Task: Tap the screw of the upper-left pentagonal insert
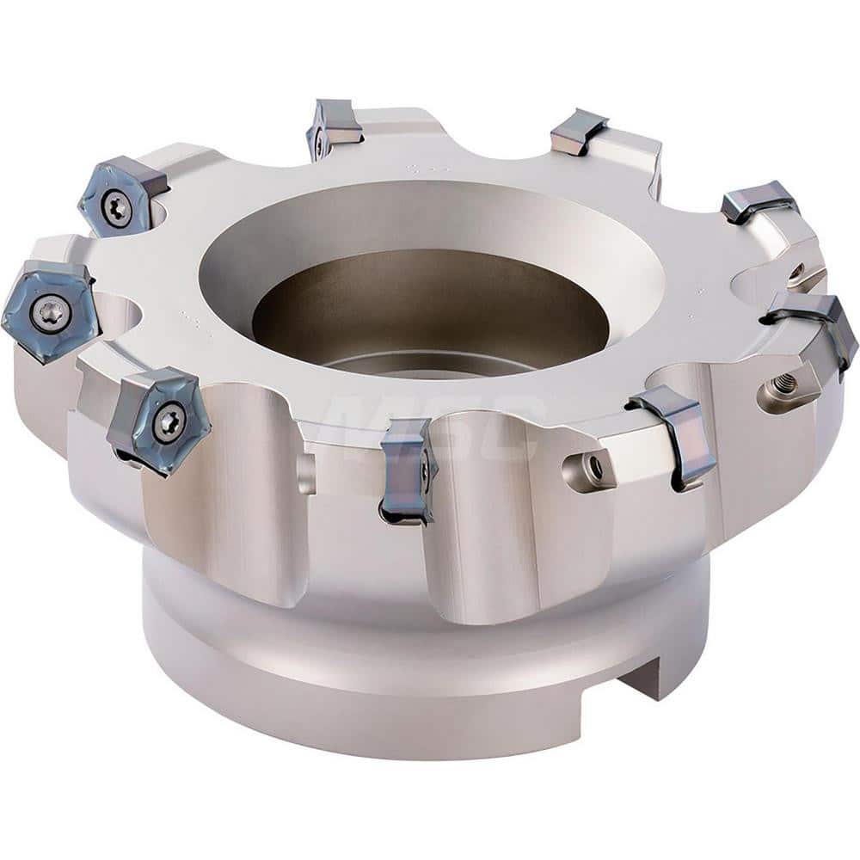coord(116,207)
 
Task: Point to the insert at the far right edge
coord(815,330)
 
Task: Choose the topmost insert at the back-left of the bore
coord(334,127)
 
